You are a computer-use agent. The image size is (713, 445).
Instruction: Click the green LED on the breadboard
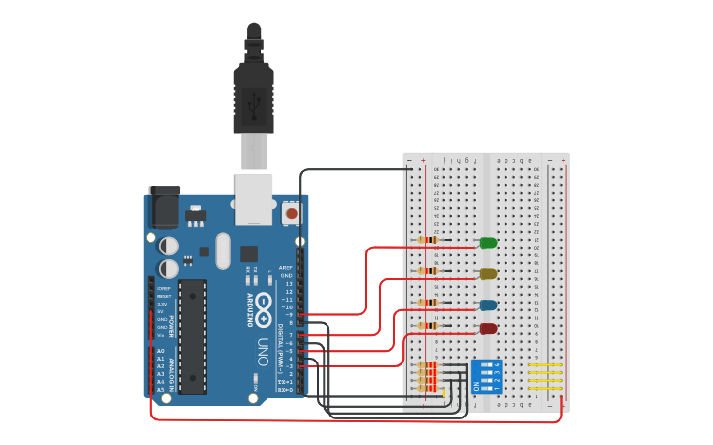[x=488, y=243]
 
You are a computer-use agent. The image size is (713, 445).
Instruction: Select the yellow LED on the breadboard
[x=488, y=274]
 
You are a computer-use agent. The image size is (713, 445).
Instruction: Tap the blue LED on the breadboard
[x=488, y=306]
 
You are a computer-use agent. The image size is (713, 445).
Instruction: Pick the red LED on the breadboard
[x=488, y=329]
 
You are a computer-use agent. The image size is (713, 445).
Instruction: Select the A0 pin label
[x=160, y=351]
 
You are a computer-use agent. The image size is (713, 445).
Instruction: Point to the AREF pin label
[x=286, y=267]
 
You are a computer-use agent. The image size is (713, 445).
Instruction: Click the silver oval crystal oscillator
[x=222, y=250]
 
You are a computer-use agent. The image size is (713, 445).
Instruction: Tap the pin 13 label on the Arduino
[x=288, y=283]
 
